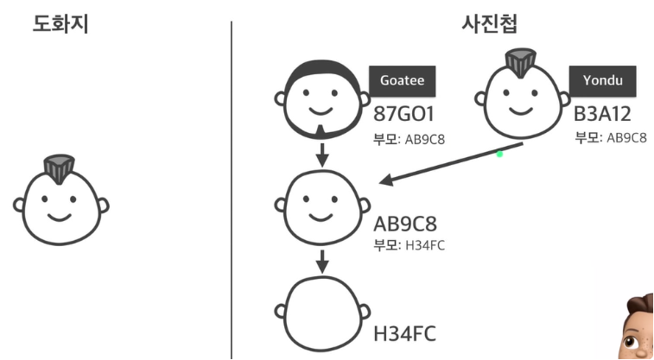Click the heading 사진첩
click(489, 24)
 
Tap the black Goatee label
click(403, 80)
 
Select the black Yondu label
click(601, 80)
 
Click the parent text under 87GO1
click(410, 139)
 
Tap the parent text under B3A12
click(611, 138)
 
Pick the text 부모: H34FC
click(409, 244)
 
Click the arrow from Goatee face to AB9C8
click(321, 156)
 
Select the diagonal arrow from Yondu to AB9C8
click(449, 165)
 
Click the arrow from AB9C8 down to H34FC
click(321, 260)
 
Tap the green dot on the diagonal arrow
click(499, 154)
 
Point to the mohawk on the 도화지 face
click(60, 169)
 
